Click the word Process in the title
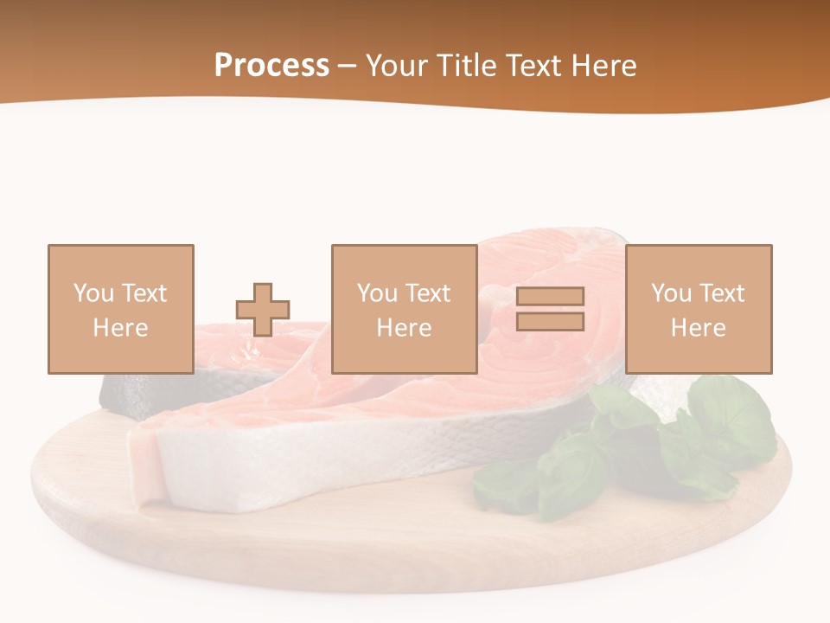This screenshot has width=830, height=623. pos(271,66)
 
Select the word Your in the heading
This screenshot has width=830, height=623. pos(397,66)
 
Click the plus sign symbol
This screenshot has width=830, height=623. pos(263,309)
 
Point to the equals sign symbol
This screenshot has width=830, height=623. pos(550,309)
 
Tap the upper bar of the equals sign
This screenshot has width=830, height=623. pos(550,297)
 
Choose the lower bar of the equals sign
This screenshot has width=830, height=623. pos(550,321)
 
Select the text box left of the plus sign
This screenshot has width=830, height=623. pos(120,309)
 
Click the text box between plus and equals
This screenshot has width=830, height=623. pos(404,309)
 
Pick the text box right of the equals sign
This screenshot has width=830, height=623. pos(698,309)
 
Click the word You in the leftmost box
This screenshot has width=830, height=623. pos(93,293)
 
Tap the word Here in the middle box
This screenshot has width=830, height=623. pos(404,328)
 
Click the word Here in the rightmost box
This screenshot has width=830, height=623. pos(698,328)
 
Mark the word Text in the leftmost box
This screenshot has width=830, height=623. pos(144,293)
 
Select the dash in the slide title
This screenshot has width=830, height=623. pos(348,66)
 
